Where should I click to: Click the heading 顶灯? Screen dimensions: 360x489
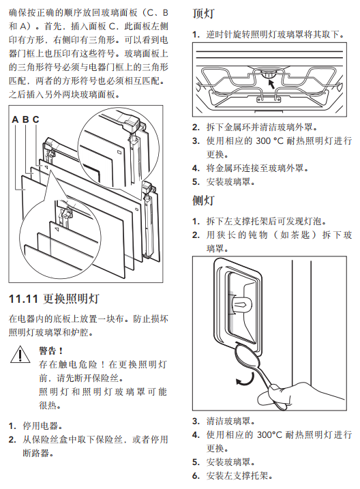pos(203,14)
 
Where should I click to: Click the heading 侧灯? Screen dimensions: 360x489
pos(203,201)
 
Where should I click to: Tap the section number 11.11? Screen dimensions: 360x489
pos(23,299)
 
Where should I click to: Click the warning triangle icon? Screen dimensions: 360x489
pos(20,354)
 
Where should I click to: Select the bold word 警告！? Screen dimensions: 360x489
pos(51,351)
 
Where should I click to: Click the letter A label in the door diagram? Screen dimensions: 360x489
pos(15,119)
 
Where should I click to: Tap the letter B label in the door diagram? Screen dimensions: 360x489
pos(25,119)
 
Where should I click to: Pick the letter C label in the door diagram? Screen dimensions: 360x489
pos(36,119)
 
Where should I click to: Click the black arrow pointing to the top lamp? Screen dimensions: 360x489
pos(271,83)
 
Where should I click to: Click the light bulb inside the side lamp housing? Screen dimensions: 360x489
pos(242,303)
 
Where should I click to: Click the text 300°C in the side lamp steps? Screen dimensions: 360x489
pos(269,434)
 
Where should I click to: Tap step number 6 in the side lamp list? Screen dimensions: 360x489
pos(196,476)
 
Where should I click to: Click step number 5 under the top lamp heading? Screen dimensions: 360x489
pos(196,182)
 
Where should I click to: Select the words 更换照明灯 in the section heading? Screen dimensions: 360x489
pos(71,299)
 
